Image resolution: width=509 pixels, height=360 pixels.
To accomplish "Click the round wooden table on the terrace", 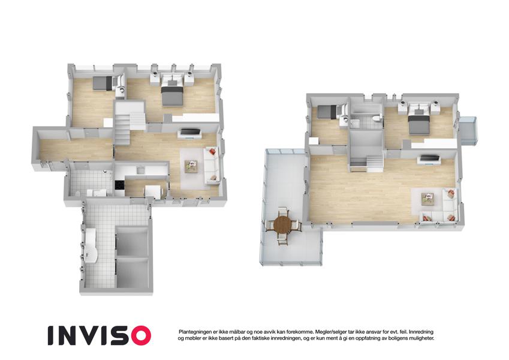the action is (283, 224).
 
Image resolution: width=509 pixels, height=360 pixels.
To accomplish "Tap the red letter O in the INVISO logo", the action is (138, 335).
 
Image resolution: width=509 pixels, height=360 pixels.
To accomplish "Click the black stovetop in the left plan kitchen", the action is (119, 185).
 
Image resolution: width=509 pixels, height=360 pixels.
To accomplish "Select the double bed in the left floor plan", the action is (173, 92).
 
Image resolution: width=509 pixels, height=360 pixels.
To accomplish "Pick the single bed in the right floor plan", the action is (328, 112).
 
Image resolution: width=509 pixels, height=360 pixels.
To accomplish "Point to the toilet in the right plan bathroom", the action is (377, 118).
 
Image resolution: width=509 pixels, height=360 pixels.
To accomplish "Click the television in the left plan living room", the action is (190, 133).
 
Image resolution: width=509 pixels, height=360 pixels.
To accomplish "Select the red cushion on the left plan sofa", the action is (212, 151).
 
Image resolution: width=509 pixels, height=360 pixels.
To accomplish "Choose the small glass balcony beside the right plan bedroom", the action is (468, 130).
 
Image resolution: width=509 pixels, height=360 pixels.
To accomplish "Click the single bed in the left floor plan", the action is (103, 83).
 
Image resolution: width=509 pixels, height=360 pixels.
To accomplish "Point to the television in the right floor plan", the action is (429, 159).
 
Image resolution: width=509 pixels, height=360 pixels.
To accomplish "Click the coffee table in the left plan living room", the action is (191, 167).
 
